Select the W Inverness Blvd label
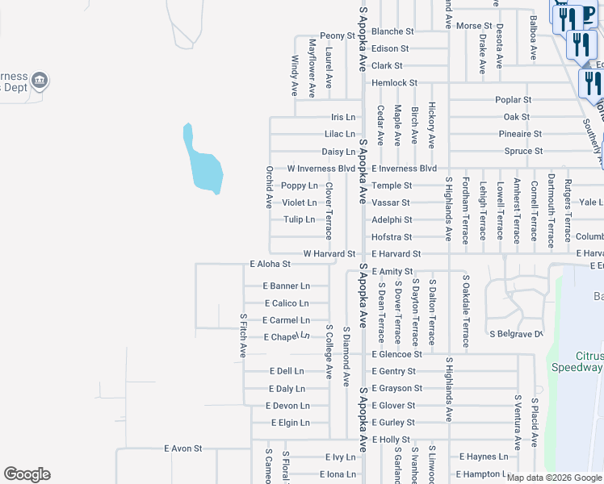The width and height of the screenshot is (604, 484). [321, 169]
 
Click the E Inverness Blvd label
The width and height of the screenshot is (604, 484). [404, 169]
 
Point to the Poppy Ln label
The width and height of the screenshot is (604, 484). [300, 186]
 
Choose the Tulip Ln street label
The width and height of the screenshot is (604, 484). [299, 219]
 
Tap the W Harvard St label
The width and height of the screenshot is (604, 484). [329, 253]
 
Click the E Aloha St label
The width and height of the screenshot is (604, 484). [270, 264]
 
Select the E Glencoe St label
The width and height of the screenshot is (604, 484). [397, 354]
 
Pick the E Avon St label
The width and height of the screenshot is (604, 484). [182, 448]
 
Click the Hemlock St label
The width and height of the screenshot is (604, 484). [394, 82]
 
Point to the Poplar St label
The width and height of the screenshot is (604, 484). [514, 100]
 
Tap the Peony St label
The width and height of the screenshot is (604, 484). [337, 35]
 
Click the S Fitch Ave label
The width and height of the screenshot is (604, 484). [242, 336]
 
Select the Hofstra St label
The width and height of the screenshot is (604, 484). [392, 237]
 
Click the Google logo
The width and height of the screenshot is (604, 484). [27, 474]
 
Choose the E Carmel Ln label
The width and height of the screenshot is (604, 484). [287, 320]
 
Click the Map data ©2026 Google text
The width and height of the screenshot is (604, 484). [554, 478]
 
